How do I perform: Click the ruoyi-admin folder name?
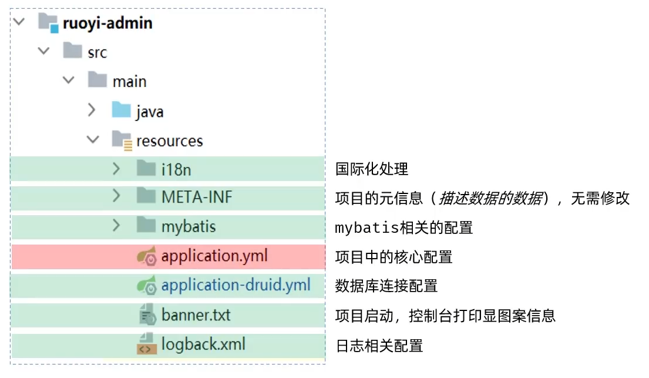107,24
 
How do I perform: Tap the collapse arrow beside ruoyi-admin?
19,22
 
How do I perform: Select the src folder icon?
72,51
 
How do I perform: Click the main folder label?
130,81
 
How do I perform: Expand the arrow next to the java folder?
92,110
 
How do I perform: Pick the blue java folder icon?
121,110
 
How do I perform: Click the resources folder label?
170,141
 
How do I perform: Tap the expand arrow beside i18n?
116,169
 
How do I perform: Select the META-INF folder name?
197,198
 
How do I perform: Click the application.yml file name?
214,256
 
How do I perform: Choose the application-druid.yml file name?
236,286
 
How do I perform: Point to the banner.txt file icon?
146,315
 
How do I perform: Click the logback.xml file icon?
146,344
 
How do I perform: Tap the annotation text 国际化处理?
371,169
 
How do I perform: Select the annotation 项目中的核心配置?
394,257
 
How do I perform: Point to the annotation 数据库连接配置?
386,286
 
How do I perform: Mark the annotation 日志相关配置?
379,346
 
